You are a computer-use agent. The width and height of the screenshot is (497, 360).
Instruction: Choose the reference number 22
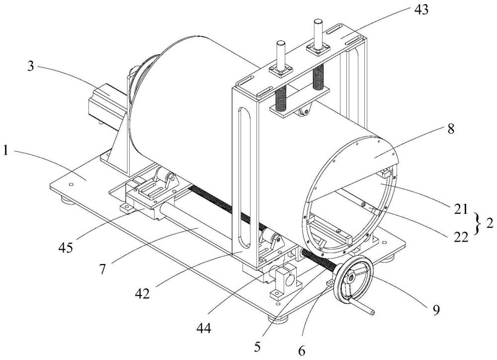460,239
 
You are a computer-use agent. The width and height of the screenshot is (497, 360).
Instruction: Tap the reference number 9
435,308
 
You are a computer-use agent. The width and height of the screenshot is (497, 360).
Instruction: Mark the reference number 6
302,349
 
